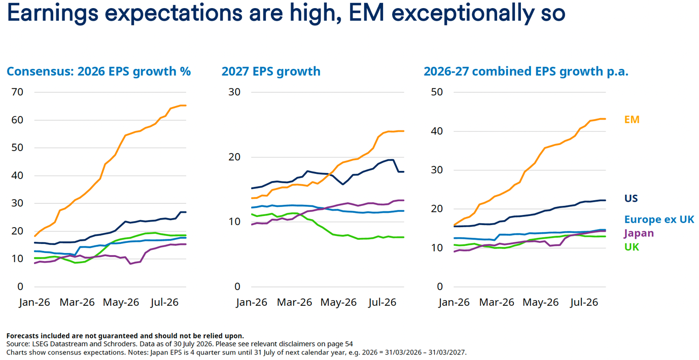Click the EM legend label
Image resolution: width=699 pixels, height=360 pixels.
[x=632, y=120]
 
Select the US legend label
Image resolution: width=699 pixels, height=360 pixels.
[x=631, y=198]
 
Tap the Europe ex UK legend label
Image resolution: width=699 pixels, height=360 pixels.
[x=659, y=220]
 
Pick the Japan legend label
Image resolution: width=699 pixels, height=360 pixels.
[x=639, y=233]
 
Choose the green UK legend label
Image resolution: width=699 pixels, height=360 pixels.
[x=632, y=247]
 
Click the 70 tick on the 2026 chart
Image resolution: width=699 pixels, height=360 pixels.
[x=17, y=92]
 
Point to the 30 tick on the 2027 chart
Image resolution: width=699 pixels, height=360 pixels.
[x=234, y=92]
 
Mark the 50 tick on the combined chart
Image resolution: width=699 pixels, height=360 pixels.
[x=437, y=92]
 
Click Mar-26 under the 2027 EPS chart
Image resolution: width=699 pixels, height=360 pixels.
[x=294, y=302]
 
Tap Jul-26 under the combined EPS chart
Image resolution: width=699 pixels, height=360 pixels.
[x=583, y=302]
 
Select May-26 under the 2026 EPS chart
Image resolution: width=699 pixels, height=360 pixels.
[x=121, y=302]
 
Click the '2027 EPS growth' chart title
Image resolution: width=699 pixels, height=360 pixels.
[x=271, y=71]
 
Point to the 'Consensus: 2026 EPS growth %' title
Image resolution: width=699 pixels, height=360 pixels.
[x=98, y=71]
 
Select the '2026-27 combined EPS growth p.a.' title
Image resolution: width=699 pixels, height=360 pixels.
[x=526, y=71]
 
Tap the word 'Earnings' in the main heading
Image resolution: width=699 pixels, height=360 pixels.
[x=52, y=13]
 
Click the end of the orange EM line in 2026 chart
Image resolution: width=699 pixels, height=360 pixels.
[x=186, y=105]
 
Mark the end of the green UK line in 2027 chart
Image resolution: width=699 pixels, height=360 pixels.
[x=404, y=237]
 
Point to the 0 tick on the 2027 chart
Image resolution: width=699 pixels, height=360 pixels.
[x=237, y=286]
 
